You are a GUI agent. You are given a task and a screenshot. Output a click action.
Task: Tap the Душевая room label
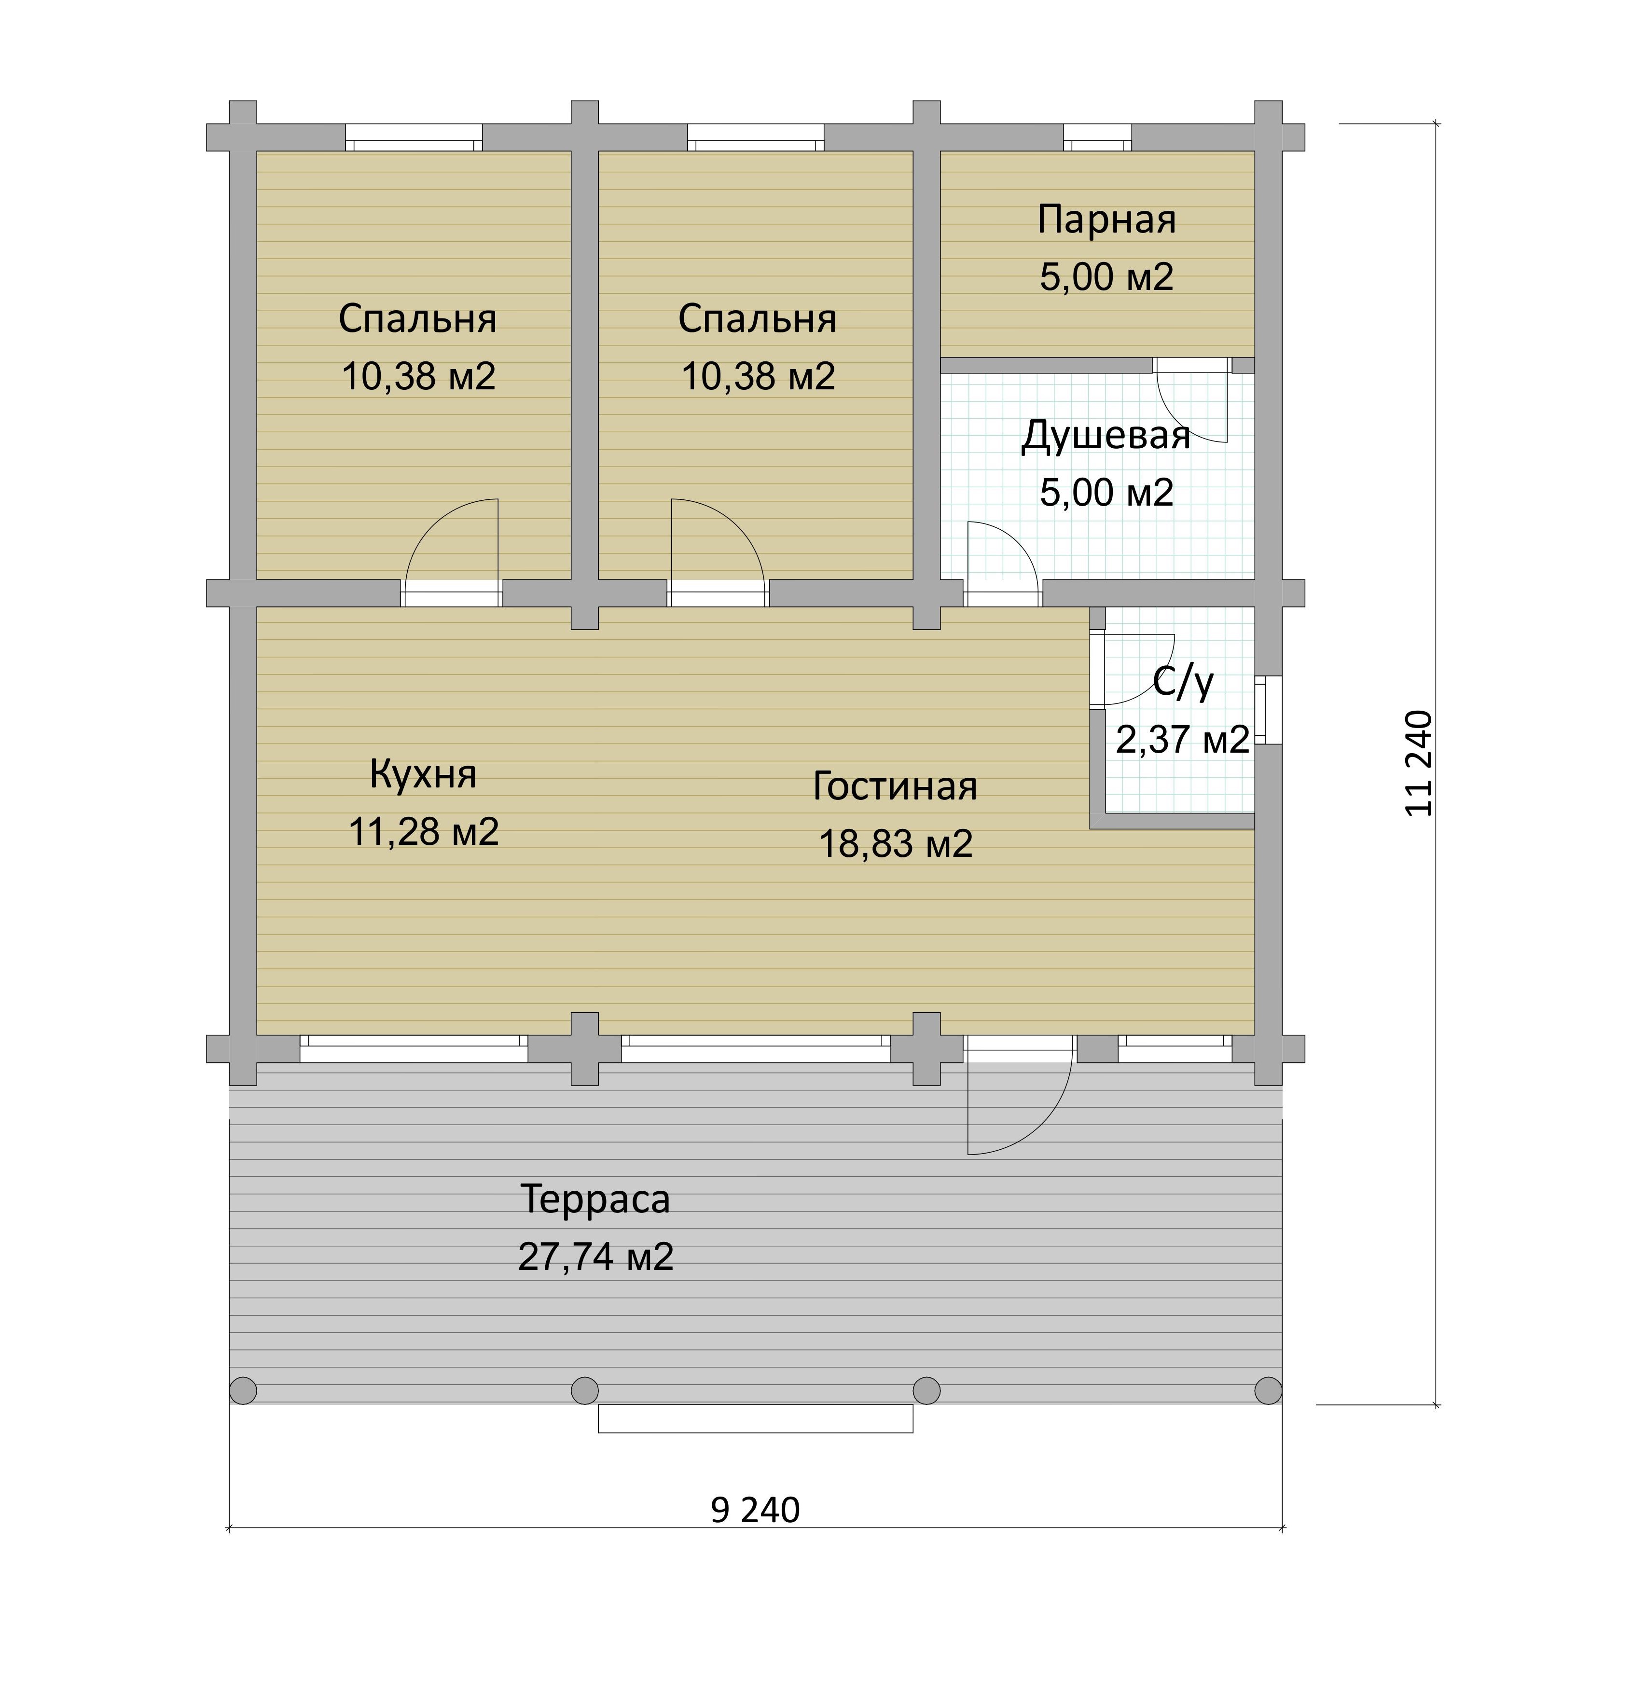coord(1106,436)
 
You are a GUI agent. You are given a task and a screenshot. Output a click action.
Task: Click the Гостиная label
coord(895,787)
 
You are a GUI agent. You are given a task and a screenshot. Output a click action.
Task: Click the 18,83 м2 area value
coord(895,844)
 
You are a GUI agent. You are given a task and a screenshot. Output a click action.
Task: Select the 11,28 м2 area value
coord(423,832)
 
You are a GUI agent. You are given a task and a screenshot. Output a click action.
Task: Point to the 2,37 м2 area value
coord(1183,740)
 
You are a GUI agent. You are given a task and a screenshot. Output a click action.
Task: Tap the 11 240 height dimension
coord(1419,764)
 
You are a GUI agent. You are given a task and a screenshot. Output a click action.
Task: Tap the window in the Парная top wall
coord(1097,138)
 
